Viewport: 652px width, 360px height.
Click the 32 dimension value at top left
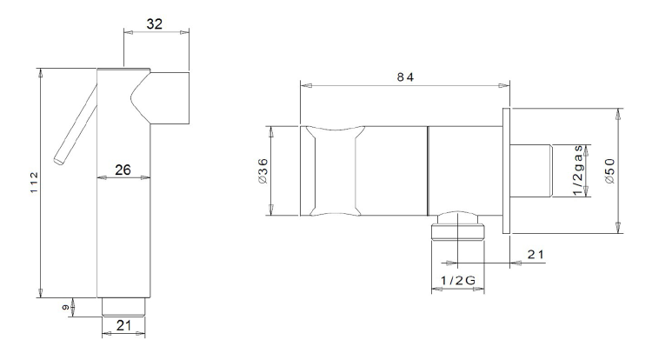[x=154, y=24]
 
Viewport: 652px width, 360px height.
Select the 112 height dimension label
[x=34, y=182]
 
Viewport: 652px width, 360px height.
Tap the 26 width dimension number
[x=123, y=170]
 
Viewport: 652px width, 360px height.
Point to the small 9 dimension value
[x=65, y=308]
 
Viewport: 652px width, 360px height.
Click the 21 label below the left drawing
[x=123, y=325]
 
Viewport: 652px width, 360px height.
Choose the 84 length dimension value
[x=405, y=77]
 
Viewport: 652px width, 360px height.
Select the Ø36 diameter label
[x=263, y=171]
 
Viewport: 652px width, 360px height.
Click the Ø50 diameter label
[x=610, y=171]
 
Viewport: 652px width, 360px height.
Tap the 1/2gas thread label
[x=578, y=170]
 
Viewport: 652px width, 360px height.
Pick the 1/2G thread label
[x=458, y=281]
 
